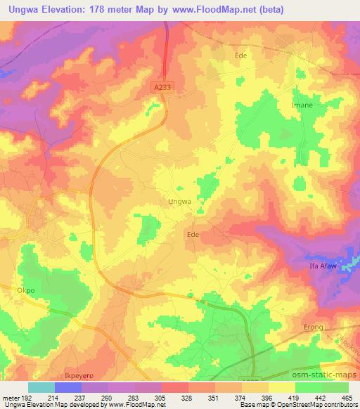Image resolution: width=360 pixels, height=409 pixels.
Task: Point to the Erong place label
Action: click(x=313, y=327)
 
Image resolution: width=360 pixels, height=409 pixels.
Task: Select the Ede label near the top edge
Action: click(x=241, y=53)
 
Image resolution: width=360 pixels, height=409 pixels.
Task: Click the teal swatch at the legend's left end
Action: click(x=41, y=388)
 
